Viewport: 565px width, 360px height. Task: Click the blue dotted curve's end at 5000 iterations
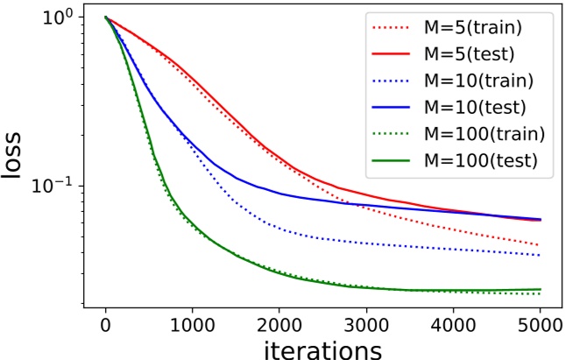540,255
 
